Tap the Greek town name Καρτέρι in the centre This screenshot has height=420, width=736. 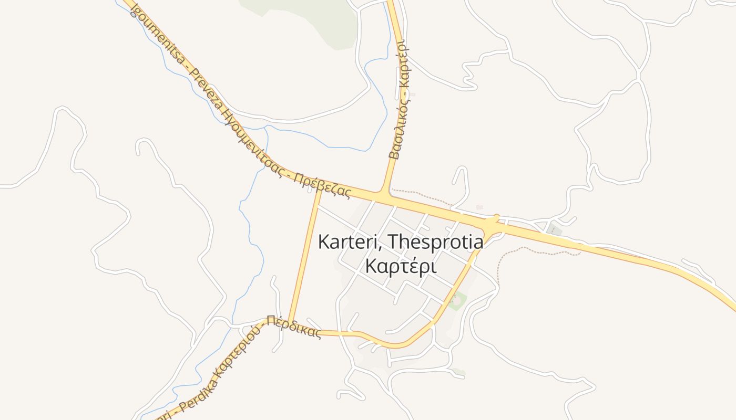pos(401,267)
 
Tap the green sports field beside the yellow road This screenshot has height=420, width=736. pos(457,301)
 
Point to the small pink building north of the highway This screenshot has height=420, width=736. pos(479,207)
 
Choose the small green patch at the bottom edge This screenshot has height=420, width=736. pos(459,372)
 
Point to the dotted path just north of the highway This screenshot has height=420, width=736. pos(421,195)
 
